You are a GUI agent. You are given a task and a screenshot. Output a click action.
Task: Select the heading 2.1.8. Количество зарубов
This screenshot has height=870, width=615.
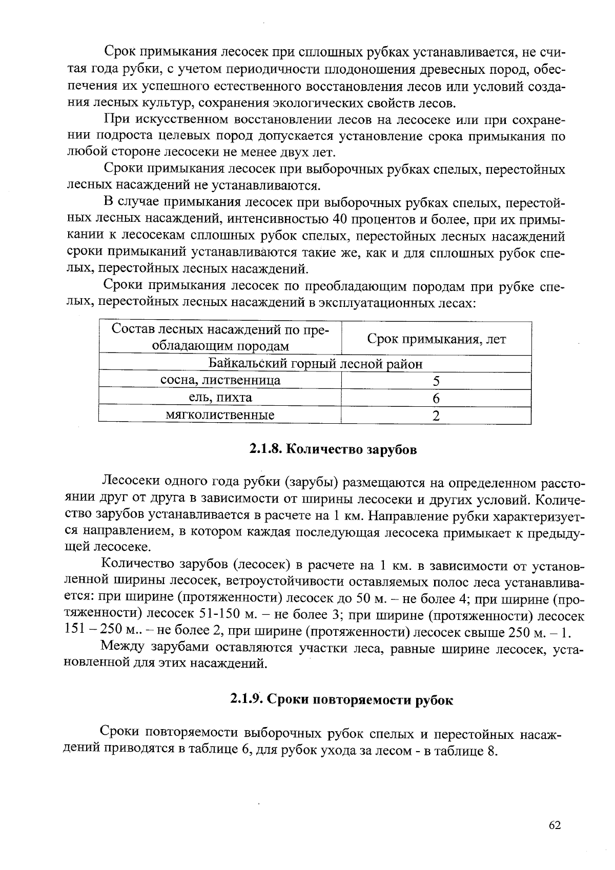tap(333, 449)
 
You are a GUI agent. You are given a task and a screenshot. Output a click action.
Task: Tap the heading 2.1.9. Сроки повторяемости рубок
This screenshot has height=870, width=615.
tap(341, 699)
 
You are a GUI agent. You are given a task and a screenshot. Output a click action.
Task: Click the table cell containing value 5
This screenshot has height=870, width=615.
tap(436, 381)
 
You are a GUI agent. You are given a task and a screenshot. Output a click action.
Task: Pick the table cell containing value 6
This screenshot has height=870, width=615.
tap(436, 398)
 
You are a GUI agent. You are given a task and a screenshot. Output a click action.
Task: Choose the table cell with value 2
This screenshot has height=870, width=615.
tap(436, 416)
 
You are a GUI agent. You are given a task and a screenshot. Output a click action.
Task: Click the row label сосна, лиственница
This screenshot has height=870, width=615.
tap(220, 380)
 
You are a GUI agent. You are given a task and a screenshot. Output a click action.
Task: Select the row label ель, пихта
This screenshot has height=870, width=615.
tap(220, 398)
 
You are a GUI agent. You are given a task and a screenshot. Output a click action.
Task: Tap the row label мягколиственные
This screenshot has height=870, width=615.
tap(220, 415)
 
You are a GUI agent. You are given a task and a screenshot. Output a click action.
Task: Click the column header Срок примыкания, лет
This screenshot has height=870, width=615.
tap(436, 339)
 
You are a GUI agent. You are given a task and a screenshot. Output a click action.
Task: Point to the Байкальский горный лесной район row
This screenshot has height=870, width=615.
tap(315, 364)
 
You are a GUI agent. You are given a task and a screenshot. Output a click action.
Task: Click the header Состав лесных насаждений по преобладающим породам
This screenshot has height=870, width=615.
tap(220, 337)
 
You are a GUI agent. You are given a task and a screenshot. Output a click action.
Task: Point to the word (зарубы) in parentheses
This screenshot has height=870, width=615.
tap(311, 483)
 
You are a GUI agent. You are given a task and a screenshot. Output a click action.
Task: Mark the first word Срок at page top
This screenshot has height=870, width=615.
tap(121, 52)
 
